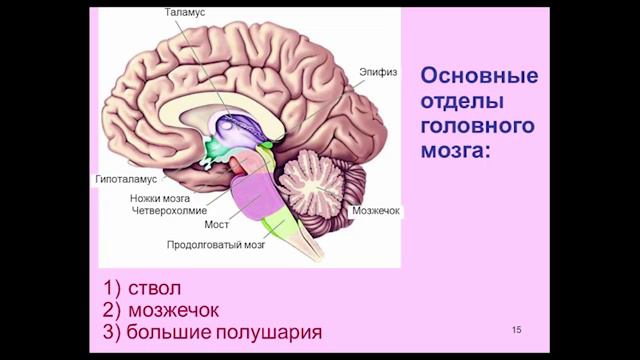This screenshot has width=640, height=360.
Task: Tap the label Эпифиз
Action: [377, 72]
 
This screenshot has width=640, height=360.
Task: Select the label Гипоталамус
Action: [128, 180]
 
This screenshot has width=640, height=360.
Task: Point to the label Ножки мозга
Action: [159, 198]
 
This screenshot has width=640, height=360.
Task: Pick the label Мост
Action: [217, 225]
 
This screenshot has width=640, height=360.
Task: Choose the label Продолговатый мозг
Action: [215, 244]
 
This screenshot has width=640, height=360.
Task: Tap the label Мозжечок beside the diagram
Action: [376, 212]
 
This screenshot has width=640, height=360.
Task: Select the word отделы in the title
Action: [461, 103]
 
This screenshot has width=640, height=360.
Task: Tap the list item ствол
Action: [155, 290]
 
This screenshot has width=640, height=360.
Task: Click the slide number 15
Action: [516, 329]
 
